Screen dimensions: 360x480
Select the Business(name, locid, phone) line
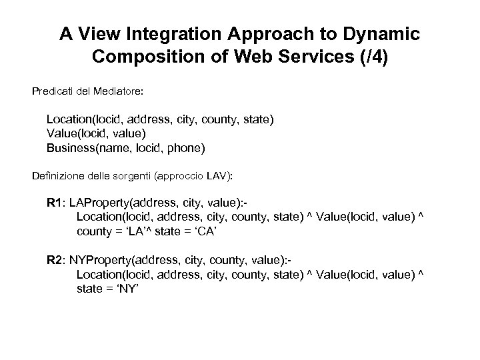126,147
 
